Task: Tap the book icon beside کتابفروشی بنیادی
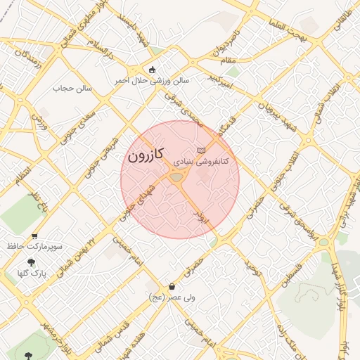point(202,150)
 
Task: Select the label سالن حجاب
point(74,89)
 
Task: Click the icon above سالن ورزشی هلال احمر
point(152,69)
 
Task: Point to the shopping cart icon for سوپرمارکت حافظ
point(34,236)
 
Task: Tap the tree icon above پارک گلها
point(30,263)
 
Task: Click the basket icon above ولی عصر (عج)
point(172,286)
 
